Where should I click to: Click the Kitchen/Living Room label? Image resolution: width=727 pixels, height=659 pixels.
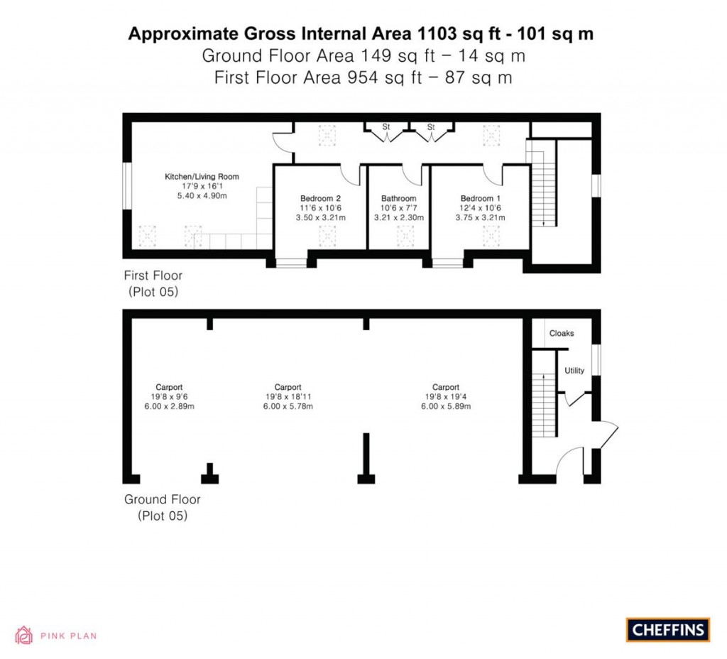[x=202, y=176]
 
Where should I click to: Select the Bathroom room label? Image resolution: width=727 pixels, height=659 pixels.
[x=398, y=198]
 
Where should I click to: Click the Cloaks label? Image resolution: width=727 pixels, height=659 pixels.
[x=561, y=333]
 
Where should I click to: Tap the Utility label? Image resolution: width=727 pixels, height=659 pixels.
[x=574, y=371]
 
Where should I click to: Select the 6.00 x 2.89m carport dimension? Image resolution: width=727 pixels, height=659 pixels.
[x=169, y=407]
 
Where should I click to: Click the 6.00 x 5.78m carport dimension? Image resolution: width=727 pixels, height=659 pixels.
[x=288, y=407]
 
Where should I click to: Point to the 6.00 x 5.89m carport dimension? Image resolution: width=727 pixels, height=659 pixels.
[x=446, y=407]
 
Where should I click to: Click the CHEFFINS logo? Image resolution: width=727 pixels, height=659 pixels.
[x=668, y=629]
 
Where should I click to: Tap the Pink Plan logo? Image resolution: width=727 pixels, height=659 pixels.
[x=56, y=636]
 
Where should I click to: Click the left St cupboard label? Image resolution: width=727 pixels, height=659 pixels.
[x=386, y=127]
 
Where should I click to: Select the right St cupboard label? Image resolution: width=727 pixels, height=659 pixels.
[x=430, y=127]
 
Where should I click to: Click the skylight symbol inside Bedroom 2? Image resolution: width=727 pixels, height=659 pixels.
[x=327, y=235]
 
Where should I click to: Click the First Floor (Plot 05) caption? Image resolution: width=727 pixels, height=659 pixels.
[x=153, y=283]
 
